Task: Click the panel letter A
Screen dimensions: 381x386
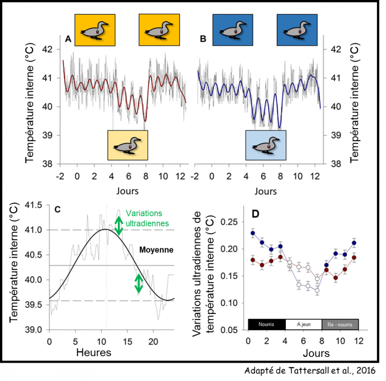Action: tap(68, 38)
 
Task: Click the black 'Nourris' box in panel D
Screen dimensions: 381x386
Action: tap(266, 324)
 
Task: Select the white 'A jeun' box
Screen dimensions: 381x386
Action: tap(304, 324)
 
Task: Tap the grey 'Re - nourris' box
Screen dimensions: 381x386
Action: tap(340, 324)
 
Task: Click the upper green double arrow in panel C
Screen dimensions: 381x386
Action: tap(118, 226)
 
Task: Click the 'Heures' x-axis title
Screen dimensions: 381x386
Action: tap(94, 352)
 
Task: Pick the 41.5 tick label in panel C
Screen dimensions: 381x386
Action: tap(36, 205)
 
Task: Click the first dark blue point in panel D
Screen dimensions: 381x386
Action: tap(253, 233)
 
